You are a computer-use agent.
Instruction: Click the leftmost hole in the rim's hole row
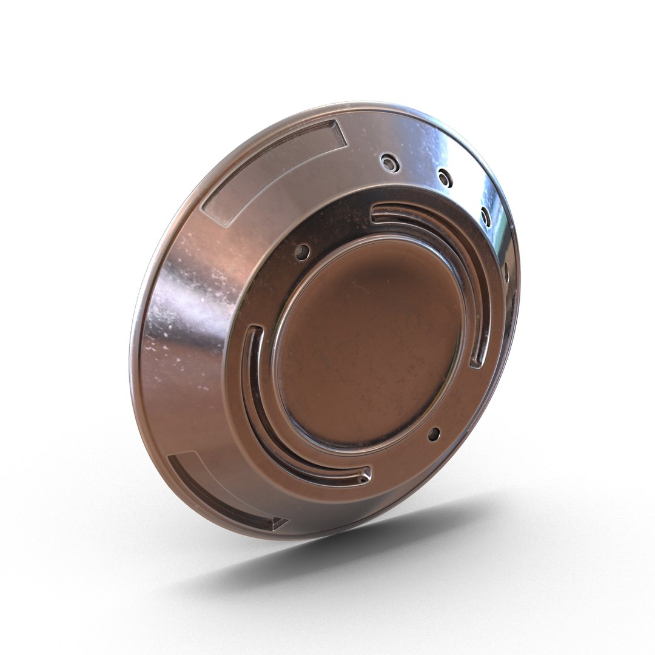pyautogui.click(x=389, y=162)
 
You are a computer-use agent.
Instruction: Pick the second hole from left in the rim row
pyautogui.click(x=445, y=178)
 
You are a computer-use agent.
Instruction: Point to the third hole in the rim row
pyautogui.click(x=485, y=216)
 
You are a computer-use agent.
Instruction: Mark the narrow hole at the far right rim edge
pyautogui.click(x=506, y=273)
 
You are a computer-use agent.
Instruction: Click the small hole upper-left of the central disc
pyautogui.click(x=302, y=252)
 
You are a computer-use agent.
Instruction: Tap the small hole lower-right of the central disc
pyautogui.click(x=433, y=434)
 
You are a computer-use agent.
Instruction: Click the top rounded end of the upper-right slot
pyautogui.click(x=376, y=212)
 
